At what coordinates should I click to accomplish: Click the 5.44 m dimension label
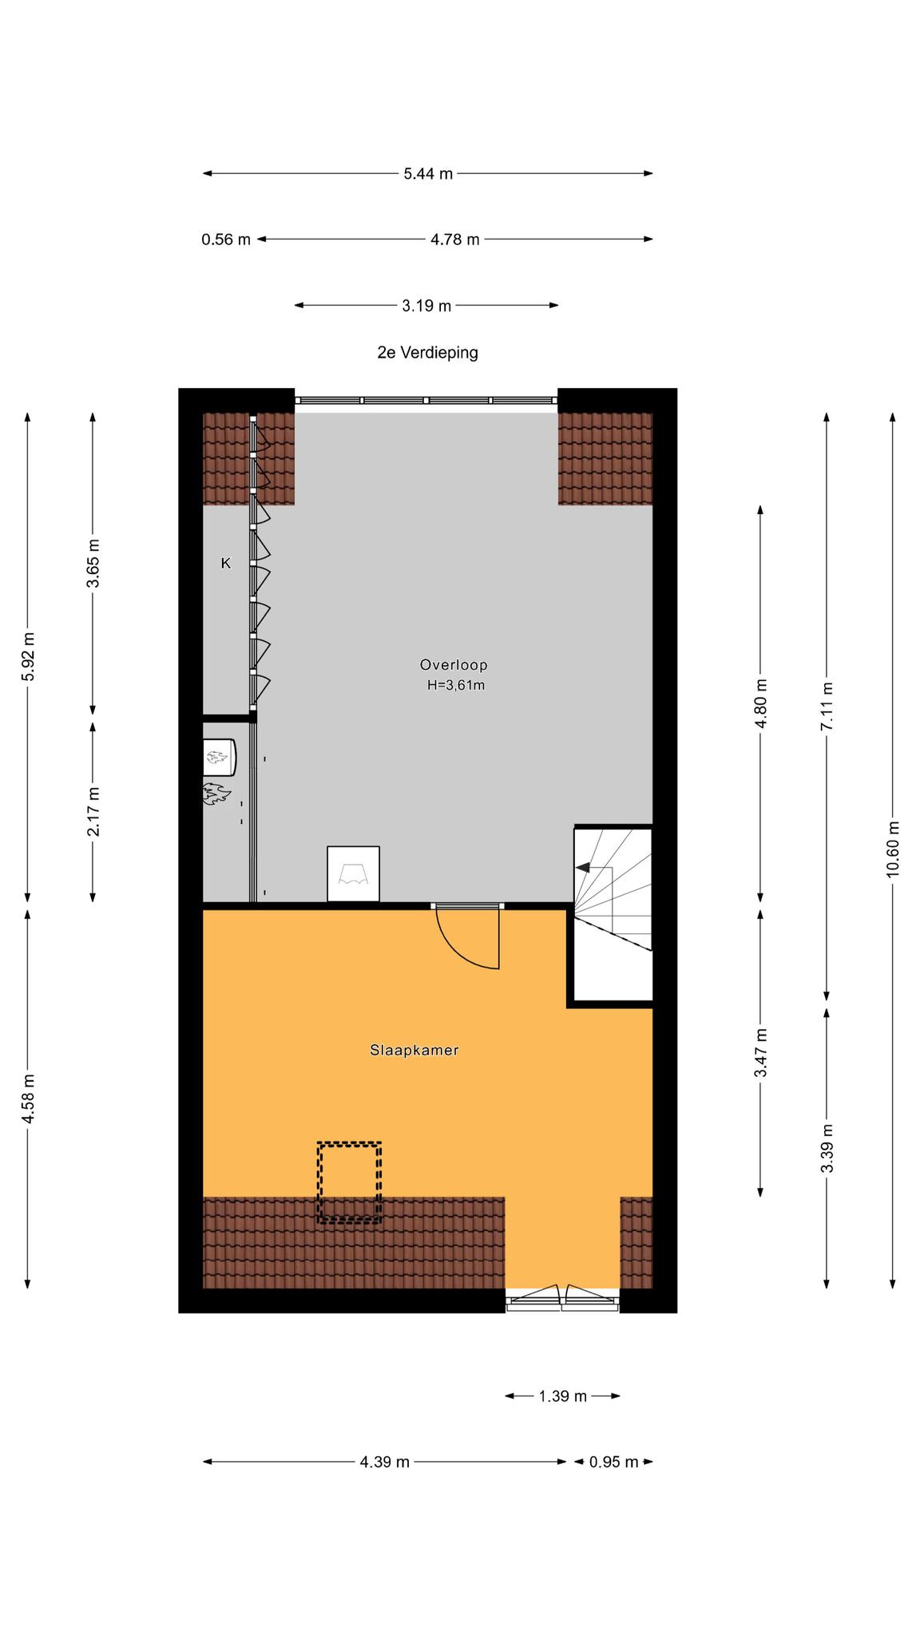[x=428, y=173]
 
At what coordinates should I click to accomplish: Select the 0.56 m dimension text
[x=226, y=239]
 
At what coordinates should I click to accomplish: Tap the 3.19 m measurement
[x=426, y=305]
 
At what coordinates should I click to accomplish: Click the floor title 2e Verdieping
[x=428, y=352]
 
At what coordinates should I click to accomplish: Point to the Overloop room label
[x=454, y=664]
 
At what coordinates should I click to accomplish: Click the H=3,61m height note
[x=456, y=684]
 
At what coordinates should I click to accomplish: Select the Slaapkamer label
[x=414, y=1050]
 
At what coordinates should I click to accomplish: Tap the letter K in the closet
[x=226, y=563]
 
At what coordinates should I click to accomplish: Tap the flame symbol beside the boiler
[x=216, y=794]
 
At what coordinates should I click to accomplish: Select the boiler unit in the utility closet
[x=219, y=757]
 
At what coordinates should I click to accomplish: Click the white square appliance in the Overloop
[x=353, y=874]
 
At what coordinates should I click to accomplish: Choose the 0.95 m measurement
[x=613, y=1462]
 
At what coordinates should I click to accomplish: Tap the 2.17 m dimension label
[x=93, y=812]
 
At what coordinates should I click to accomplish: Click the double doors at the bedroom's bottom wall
[x=562, y=1299]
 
